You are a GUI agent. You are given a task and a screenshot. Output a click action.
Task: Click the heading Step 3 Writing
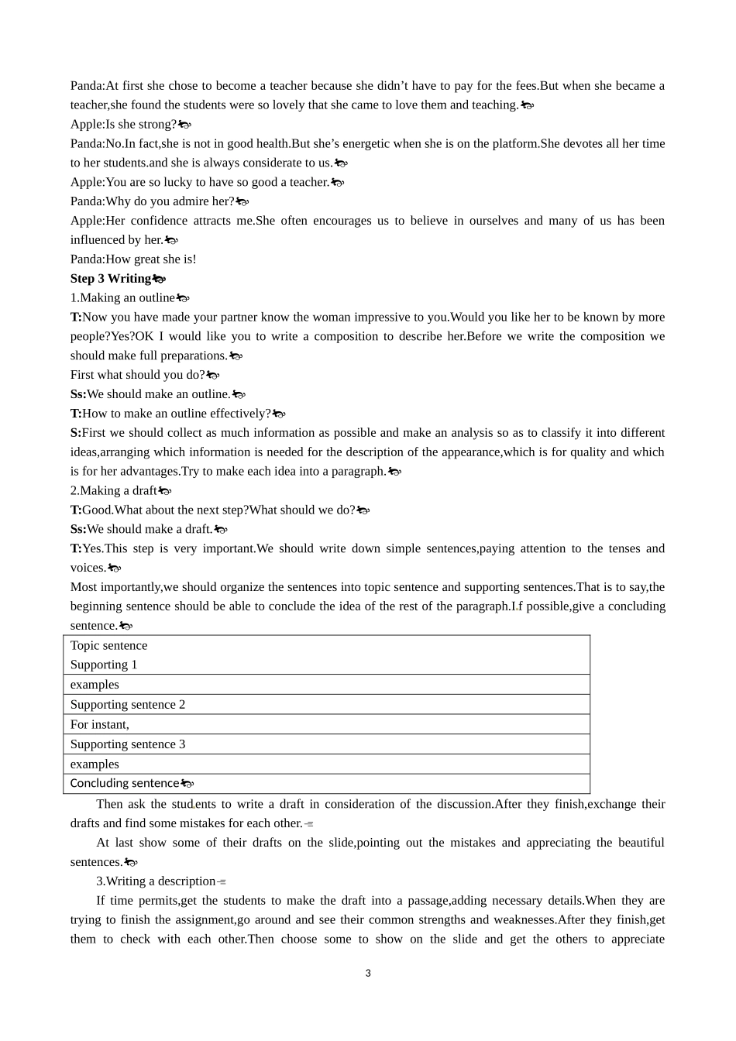pos(111,279)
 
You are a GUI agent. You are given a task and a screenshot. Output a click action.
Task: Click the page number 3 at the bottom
pos(368,974)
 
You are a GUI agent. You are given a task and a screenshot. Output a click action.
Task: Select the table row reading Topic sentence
pos(108,646)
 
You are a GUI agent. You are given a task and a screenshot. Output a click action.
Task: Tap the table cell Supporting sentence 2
pos(128,705)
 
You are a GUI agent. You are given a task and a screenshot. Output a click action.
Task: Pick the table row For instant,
pos(100,725)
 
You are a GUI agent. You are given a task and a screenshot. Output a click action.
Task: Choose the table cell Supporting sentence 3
pos(128,744)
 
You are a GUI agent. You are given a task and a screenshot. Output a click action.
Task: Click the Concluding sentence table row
pos(125,784)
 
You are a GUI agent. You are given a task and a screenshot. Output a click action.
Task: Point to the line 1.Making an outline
pos(122,298)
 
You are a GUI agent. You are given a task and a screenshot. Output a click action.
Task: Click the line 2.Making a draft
pos(114,491)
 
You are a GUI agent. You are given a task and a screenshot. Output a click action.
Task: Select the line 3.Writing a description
pos(156,881)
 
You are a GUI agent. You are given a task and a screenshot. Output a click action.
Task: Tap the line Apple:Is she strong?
pos(124,125)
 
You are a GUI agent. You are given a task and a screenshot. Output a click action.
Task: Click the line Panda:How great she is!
pos(133,259)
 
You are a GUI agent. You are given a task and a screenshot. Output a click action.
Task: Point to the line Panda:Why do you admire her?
pos(152,201)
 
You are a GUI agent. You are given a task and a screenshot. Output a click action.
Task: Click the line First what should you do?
pos(138,375)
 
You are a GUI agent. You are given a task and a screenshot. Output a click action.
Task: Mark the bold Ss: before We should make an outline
pos(77,394)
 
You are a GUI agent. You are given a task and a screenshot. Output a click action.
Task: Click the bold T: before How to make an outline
pos(75,414)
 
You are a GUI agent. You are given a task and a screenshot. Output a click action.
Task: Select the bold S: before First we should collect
pos(75,433)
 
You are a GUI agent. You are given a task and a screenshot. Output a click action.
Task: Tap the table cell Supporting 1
pos(104,665)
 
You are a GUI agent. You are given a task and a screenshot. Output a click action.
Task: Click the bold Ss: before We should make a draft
pos(77,530)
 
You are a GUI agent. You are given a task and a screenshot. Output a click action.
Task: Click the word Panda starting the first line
pos(86,86)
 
